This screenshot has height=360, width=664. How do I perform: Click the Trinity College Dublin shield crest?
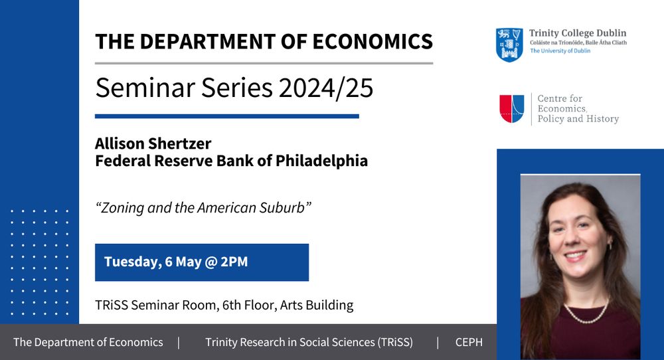[x=509, y=45]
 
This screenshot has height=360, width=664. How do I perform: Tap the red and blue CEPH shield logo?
[x=512, y=109]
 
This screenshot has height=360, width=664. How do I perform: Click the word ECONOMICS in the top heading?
[x=373, y=41]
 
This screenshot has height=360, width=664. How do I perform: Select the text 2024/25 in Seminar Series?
[x=326, y=88]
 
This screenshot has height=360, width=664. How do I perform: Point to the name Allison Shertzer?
[x=153, y=143]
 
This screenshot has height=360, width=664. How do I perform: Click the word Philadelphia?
[x=321, y=161]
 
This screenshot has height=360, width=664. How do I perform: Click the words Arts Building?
[x=317, y=306]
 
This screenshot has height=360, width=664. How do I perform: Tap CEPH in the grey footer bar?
[x=469, y=342]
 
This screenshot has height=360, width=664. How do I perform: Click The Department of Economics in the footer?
[x=88, y=342]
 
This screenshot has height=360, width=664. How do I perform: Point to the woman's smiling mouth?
[x=576, y=256]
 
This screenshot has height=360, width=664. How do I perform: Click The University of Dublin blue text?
[x=560, y=51]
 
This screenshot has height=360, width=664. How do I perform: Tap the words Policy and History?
[x=578, y=119]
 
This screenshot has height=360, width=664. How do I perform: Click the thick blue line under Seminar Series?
[x=227, y=116]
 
